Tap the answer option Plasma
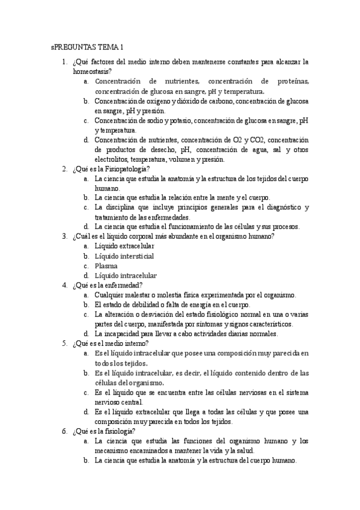106,265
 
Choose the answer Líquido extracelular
124,246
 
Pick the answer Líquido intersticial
124,256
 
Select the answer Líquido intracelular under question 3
126,275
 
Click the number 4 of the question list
64,284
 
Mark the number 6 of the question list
64,431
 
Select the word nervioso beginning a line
108,402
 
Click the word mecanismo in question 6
114,450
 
